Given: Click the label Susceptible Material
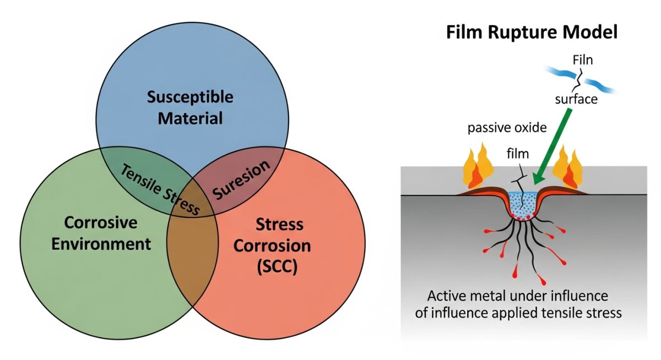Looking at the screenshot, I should (190, 108).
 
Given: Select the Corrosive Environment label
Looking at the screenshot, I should (101, 233).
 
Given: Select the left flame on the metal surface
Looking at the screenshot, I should (475, 170).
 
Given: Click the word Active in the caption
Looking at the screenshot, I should (444, 296).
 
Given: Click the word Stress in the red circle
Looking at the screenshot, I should (279, 225).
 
